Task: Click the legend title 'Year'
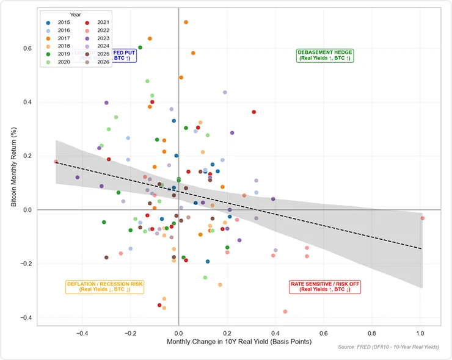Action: click(x=76, y=14)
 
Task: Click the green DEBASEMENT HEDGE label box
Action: click(x=324, y=56)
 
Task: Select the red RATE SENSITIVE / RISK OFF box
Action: click(x=325, y=287)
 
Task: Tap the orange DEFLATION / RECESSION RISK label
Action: click(x=104, y=287)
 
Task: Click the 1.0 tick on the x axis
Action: click(x=420, y=334)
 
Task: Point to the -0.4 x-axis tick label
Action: click(x=82, y=334)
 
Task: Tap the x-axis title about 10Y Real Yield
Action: click(x=239, y=342)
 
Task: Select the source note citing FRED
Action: click(x=388, y=348)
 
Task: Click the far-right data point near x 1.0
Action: click(x=422, y=218)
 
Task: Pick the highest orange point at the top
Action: click(x=186, y=22)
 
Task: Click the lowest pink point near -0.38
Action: click(x=285, y=312)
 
